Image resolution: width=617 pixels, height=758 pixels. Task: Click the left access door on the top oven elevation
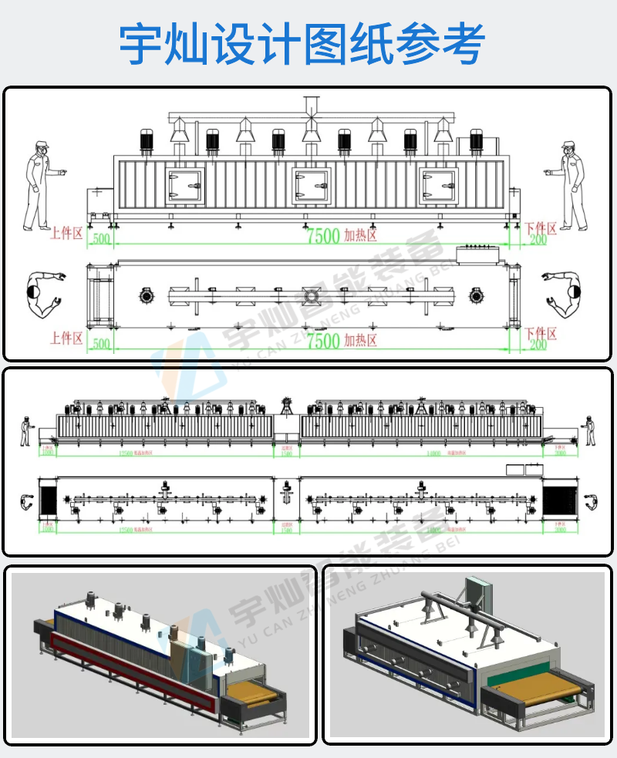click(185, 186)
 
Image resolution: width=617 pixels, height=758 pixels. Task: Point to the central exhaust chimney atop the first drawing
click(312, 108)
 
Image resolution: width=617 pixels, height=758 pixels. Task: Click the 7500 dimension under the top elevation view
click(323, 237)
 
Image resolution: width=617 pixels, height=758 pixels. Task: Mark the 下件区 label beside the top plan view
click(541, 333)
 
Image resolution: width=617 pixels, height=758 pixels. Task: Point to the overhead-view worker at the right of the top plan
click(566, 295)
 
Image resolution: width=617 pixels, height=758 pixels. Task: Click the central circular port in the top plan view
click(312, 295)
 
